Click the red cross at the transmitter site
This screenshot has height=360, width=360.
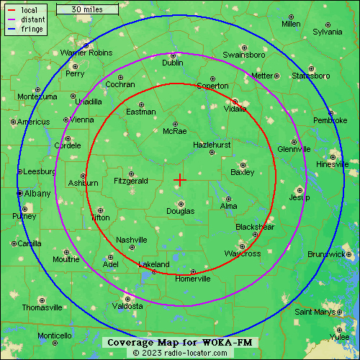(x=180, y=179)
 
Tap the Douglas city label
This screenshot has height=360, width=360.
(x=180, y=211)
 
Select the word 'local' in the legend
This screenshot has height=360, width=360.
(x=30, y=10)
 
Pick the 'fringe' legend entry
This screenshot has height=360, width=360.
(x=31, y=29)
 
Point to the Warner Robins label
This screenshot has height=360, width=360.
(x=86, y=53)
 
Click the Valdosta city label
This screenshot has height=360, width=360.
(x=127, y=306)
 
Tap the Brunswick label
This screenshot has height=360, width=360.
(x=326, y=254)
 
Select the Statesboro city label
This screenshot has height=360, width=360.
(x=311, y=76)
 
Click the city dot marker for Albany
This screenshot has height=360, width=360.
(x=19, y=193)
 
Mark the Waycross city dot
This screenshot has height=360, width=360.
(x=242, y=246)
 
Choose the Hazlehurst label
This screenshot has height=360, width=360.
(x=212, y=145)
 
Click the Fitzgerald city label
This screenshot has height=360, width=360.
(x=130, y=181)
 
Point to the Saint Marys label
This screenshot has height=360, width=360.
(x=315, y=312)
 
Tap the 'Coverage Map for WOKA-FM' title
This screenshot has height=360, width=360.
(x=180, y=342)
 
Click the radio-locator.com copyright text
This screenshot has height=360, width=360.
(x=180, y=353)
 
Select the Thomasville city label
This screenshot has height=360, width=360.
(x=42, y=307)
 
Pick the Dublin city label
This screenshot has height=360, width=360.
(x=173, y=63)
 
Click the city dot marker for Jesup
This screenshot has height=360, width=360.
(x=300, y=189)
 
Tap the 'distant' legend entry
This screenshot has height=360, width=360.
(x=33, y=19)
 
